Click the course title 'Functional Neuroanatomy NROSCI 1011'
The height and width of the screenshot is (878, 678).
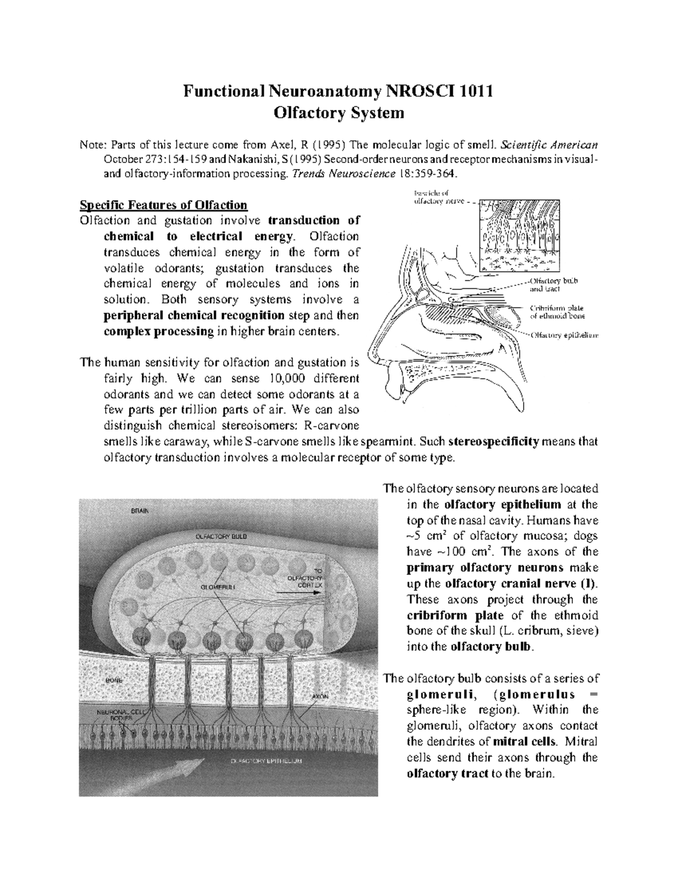(339, 90)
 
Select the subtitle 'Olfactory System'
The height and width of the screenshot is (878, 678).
(339, 113)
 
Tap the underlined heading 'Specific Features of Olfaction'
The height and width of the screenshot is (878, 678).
(164, 205)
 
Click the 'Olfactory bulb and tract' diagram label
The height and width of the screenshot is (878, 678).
(553, 284)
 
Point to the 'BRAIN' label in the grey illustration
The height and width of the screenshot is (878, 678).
(140, 511)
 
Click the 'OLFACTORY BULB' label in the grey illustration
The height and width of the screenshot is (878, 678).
(221, 535)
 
